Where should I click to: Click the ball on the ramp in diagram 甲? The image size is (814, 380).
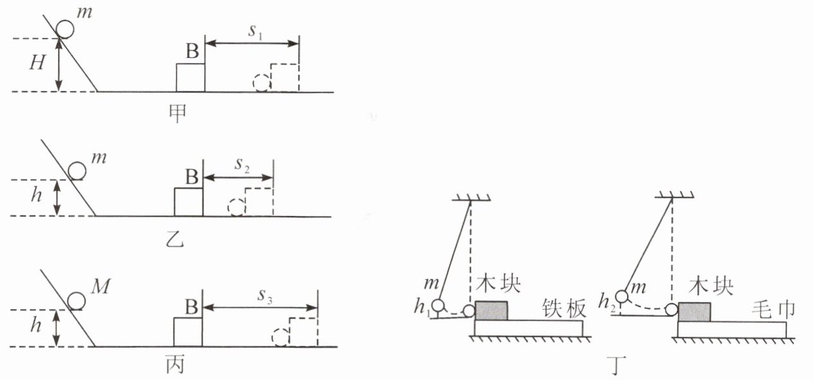coord(65,29)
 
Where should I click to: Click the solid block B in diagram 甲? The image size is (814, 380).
coord(191,77)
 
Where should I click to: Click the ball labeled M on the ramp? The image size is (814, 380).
coord(77,301)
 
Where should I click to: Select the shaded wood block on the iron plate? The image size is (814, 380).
coord(491,310)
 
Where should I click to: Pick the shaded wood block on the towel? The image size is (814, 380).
coord(695,311)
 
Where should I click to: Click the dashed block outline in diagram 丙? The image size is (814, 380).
coord(302,332)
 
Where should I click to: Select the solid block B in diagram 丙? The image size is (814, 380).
coord(188,332)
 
